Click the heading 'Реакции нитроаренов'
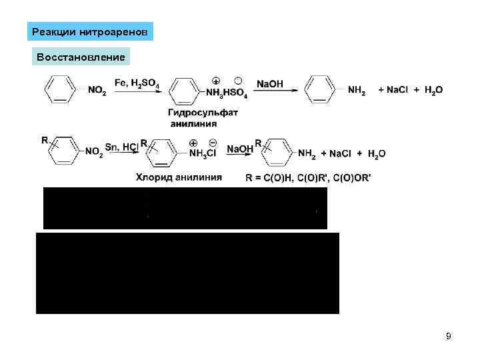91,32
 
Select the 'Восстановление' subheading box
81,57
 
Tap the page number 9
449,336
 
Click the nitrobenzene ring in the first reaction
60,89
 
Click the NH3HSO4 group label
226,95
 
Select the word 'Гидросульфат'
203,112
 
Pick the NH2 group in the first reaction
357,90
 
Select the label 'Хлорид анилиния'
179,177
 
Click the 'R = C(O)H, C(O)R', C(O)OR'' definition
308,177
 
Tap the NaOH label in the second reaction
240,148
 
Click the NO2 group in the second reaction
94,153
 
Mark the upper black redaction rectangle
185,208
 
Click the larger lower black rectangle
187,273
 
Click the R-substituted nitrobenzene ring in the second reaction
65,153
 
